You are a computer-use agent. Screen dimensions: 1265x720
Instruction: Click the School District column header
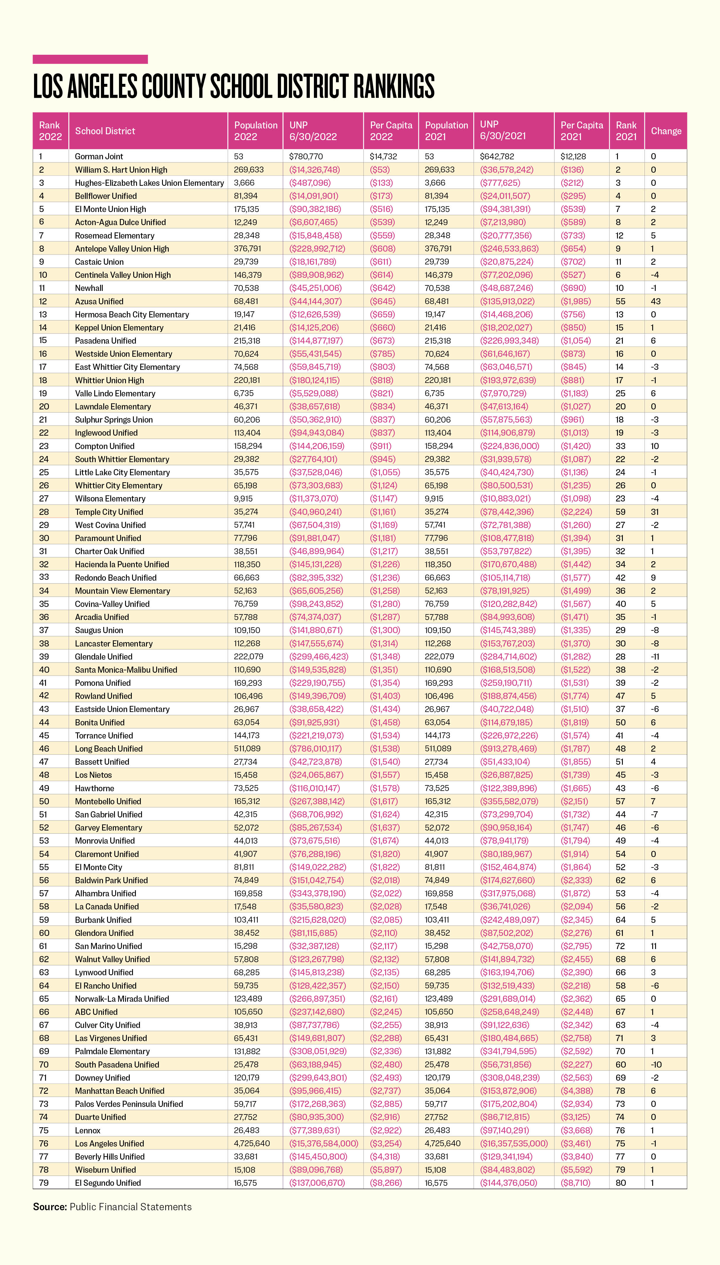(105, 131)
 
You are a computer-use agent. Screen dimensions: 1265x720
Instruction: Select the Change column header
(666, 131)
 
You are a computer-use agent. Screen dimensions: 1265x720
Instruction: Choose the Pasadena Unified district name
(105, 340)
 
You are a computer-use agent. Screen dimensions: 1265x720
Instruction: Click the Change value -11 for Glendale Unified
(655, 656)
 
